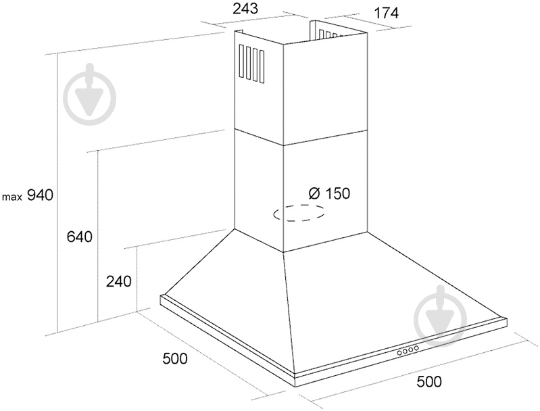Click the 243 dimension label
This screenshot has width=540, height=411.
[245, 9]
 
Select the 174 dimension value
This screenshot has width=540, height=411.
[386, 13]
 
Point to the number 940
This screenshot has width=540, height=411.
[41, 195]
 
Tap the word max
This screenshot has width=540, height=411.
[12, 197]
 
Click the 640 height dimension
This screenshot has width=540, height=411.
[80, 237]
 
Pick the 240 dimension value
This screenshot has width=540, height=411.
[118, 281]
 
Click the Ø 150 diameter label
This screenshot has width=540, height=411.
[329, 193]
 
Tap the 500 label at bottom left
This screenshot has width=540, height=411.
[175, 358]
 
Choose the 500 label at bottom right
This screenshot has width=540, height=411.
[428, 381]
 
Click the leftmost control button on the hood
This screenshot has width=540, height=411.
[399, 352]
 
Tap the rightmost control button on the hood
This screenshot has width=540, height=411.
[416, 348]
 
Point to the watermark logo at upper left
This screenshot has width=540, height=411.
[91, 94]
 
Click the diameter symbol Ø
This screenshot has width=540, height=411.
[314, 193]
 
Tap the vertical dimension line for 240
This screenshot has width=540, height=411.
[137, 279]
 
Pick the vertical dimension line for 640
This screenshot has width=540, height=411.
[99, 236]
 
